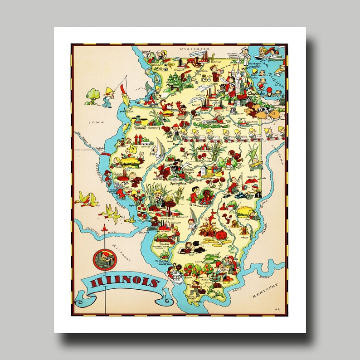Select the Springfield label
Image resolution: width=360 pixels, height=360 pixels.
(179, 184)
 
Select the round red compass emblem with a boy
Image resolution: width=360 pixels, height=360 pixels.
(105, 259)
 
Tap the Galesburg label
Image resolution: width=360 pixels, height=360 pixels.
(153, 128)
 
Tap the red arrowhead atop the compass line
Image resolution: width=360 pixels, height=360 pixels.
(105, 226)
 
